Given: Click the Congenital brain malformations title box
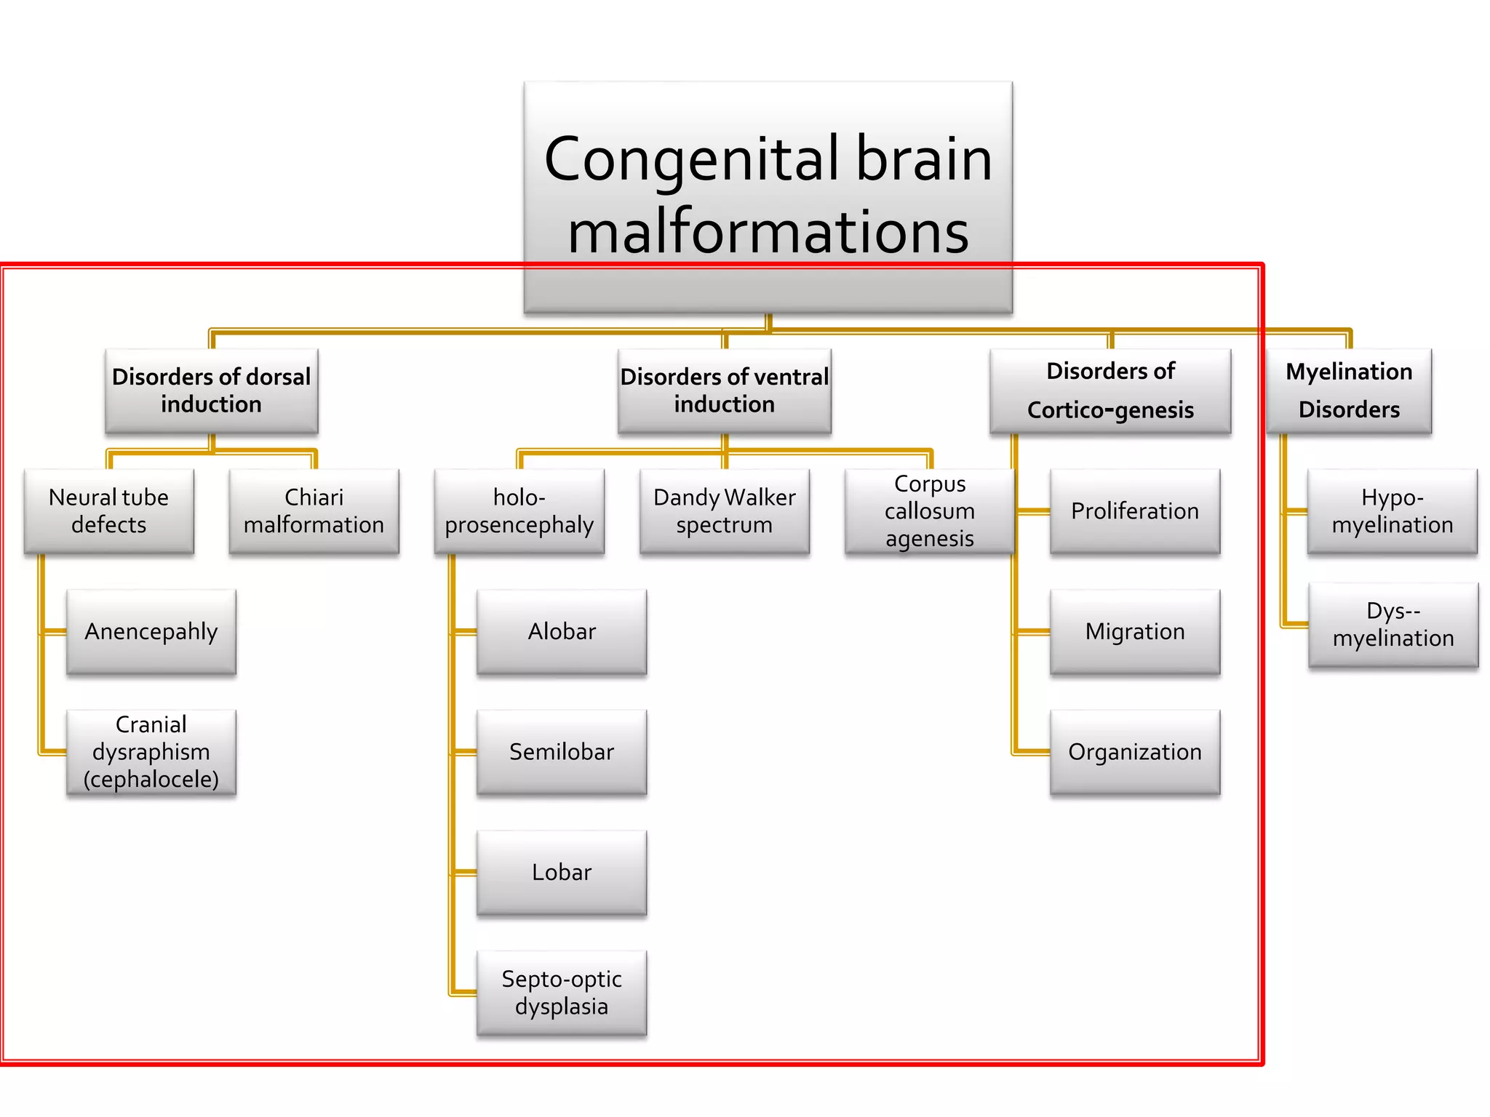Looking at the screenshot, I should pos(768,196).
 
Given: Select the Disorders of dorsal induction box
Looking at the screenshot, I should pos(211,391).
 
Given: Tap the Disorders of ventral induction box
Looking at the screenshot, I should pos(724,391).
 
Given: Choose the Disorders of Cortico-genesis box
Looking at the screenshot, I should pos(1110,391).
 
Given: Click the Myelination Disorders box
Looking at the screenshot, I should pos(1348,391).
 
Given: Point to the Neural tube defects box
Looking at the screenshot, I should pos(108,511).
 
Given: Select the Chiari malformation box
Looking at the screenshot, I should pos(314,511).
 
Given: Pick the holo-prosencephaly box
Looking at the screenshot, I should pos(519,511).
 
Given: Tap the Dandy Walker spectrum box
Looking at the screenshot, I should pos(724,511).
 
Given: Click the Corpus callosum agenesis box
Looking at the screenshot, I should pos(929,511).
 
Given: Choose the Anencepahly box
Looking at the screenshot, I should pos(151,631).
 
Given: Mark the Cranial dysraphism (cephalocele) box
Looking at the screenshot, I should pos(151,752).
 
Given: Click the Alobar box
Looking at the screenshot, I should pos(561,631).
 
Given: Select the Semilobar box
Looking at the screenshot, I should pos(561,752).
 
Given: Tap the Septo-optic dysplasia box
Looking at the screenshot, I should pos(561,993).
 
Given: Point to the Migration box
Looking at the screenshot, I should pos(1134,631).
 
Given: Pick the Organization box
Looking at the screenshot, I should pos(1134,752).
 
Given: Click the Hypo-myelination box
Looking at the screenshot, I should pos(1392,511).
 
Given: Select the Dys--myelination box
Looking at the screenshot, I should pos(1393,624).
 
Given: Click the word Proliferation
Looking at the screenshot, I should pos(1134,511).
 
